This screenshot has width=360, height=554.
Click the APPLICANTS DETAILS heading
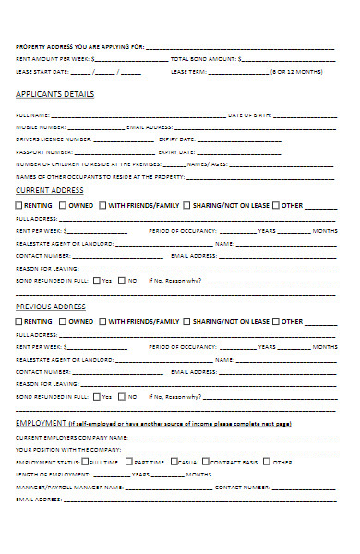(54, 94)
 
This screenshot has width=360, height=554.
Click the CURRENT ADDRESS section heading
(50, 190)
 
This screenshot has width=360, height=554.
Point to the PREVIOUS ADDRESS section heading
(52, 307)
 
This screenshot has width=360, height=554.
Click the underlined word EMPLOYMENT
(40, 422)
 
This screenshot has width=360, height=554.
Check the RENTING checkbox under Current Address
(20, 205)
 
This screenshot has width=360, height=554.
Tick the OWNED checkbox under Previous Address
(63, 322)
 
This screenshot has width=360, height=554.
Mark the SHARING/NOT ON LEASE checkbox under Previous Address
(187, 322)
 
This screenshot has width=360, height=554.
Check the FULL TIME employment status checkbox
(86, 461)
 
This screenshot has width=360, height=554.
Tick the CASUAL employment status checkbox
(174, 461)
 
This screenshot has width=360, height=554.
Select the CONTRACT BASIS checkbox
(209, 461)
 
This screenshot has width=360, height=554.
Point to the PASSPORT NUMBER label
(44, 151)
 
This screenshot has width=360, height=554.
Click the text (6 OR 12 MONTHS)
(297, 71)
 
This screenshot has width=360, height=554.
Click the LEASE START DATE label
(42, 71)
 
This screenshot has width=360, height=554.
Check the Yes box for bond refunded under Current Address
(97, 280)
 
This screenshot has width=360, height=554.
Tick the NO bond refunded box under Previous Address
(123, 395)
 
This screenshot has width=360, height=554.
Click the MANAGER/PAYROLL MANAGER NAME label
(69, 486)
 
